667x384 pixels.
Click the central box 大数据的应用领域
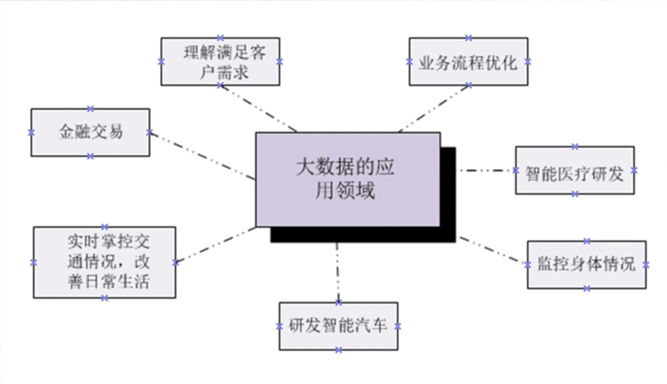347,179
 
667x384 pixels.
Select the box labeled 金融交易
90,132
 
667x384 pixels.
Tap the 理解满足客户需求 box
220,62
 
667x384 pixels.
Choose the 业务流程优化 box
468,62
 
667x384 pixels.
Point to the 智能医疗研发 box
575,171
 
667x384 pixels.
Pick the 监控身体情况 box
586,265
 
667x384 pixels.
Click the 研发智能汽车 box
338,326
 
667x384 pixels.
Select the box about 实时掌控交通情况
104,263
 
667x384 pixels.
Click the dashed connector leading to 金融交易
202,156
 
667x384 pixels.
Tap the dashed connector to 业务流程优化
434,108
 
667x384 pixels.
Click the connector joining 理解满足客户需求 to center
258,108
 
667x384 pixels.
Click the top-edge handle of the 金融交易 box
90,109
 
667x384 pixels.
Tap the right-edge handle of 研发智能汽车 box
398,326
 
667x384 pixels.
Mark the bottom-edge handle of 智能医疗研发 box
575,194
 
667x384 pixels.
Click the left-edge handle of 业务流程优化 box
409,62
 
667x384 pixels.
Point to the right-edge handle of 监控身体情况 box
646,265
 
